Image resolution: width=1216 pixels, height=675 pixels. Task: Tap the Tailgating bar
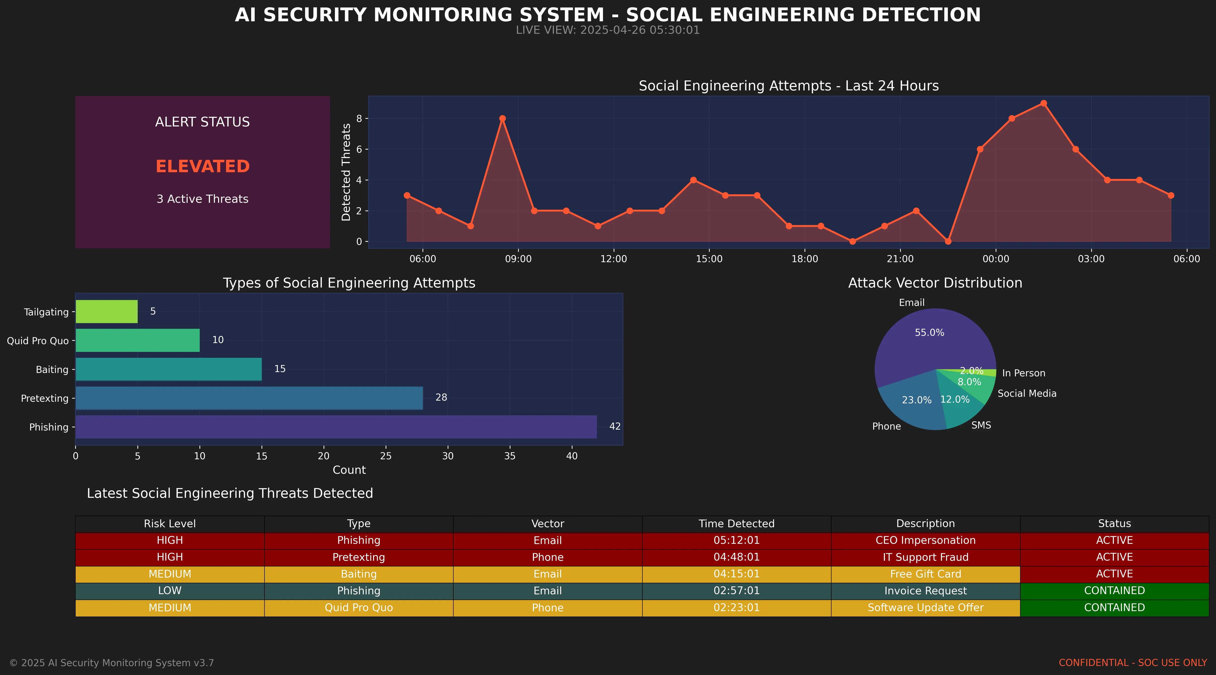[107, 312]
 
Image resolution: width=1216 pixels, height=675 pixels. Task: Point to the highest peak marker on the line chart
[1043, 104]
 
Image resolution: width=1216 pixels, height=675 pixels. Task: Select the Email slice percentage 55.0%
[929, 333]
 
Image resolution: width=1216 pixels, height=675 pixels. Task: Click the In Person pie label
[1023, 373]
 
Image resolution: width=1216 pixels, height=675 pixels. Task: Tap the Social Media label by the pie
[1027, 394]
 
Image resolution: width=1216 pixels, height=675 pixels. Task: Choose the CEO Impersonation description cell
[925, 540]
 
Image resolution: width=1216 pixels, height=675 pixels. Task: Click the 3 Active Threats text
[202, 199]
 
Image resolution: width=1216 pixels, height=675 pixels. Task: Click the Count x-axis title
[349, 470]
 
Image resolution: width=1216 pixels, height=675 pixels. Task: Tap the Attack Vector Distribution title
[935, 283]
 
